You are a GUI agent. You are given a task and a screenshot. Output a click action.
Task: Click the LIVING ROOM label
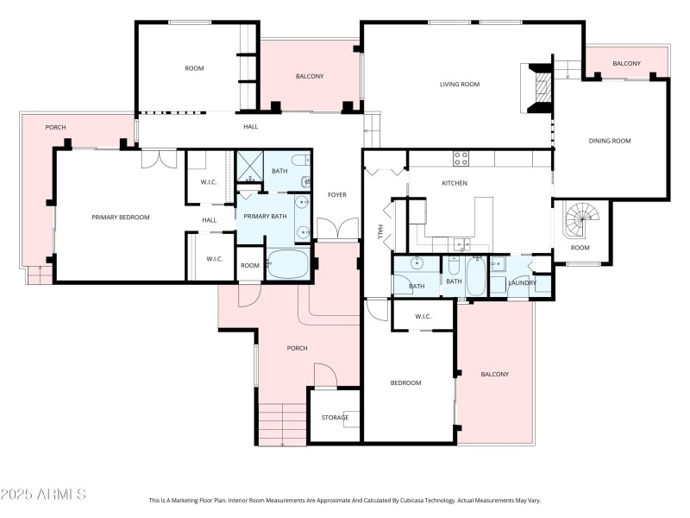pos(459,85)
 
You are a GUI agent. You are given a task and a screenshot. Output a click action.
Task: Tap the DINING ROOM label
pos(610,141)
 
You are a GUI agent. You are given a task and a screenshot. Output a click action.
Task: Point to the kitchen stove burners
pos(461,158)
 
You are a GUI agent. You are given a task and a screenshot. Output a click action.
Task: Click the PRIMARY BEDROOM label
pos(121,218)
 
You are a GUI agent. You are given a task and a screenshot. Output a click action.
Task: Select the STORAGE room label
pos(335,418)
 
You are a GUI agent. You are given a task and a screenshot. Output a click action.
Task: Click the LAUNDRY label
pos(523,283)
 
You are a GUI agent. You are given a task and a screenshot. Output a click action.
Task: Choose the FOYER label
pos(337,195)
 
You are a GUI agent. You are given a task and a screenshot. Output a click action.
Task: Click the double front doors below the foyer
pos(337,230)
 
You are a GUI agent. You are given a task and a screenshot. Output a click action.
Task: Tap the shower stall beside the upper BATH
pos(248,166)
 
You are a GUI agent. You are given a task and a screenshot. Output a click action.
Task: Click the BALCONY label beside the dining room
pos(626,64)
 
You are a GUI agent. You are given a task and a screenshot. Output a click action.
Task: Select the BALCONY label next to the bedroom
pos(494,374)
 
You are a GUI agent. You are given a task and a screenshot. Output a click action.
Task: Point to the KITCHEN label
pos(455,183)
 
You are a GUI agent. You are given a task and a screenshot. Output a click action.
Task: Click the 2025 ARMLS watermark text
pos(43,495)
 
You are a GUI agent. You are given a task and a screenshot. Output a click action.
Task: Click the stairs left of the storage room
pos(282,424)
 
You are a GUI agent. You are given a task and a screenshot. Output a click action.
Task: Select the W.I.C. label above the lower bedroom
pos(423,316)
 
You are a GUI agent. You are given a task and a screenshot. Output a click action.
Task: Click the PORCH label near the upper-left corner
pos(55,128)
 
